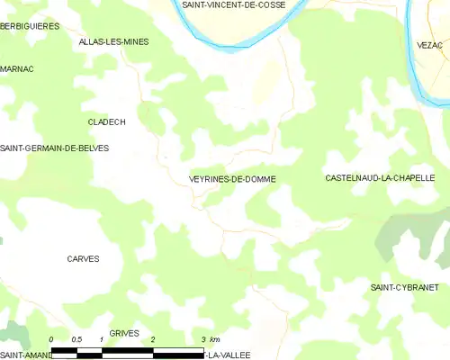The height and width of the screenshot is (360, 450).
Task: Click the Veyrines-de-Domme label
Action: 232,179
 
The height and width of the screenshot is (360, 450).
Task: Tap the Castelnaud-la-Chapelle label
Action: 380,178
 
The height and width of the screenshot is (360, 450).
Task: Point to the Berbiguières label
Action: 30,26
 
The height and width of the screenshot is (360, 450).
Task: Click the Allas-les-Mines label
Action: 113,42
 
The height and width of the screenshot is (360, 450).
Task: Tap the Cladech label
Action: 106,121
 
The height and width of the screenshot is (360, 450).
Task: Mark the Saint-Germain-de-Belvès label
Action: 54,148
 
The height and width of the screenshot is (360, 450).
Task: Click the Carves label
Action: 83,259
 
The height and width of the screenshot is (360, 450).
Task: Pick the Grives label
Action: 124,333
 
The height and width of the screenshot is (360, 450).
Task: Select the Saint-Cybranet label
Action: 404,287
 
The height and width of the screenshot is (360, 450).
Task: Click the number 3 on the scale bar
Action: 205,339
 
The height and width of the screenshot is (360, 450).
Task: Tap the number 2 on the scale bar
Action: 154,339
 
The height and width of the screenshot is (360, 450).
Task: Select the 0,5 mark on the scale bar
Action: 77,339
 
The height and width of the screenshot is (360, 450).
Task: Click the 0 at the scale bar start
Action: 52,339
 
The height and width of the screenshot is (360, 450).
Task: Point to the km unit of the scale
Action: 216,339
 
